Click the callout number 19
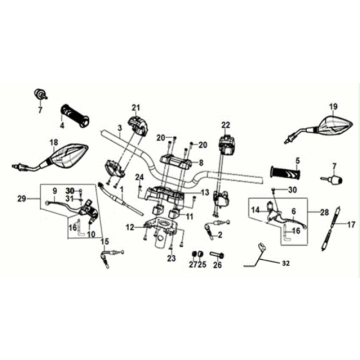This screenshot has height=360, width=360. click(333, 106)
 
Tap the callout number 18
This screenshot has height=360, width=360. click(54, 142)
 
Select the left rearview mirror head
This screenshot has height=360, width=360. click(70, 155)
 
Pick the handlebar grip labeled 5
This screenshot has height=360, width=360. click(286, 173)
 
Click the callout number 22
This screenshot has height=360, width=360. click(226, 125)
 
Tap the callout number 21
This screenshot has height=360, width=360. click(135, 107)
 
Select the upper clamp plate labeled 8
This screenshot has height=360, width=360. click(177, 162)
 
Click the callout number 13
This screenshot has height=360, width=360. click(205, 193)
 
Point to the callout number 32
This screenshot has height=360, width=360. click(284, 263)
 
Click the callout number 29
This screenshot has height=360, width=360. click(23, 199)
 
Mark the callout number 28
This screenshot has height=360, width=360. click(324, 211)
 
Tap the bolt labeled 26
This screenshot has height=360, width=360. click(217, 255)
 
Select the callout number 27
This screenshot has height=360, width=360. click(193, 265)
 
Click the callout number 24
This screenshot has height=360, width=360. click(140, 176)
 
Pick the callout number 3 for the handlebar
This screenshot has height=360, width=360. click(120, 127)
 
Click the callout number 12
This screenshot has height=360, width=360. click(130, 227)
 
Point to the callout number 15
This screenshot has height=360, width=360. click(105, 241)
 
